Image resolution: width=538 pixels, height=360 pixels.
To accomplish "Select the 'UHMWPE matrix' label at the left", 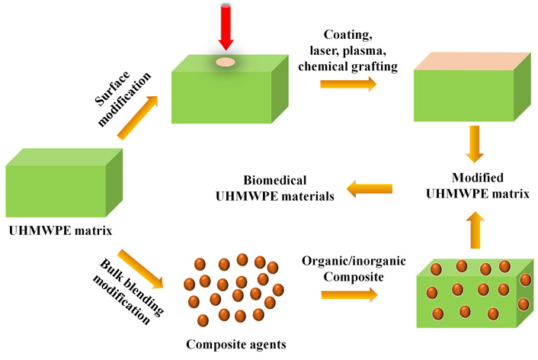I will pyautogui.click(x=53, y=227).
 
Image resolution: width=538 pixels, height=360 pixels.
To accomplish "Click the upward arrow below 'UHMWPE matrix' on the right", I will pyautogui.click(x=474, y=229).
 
